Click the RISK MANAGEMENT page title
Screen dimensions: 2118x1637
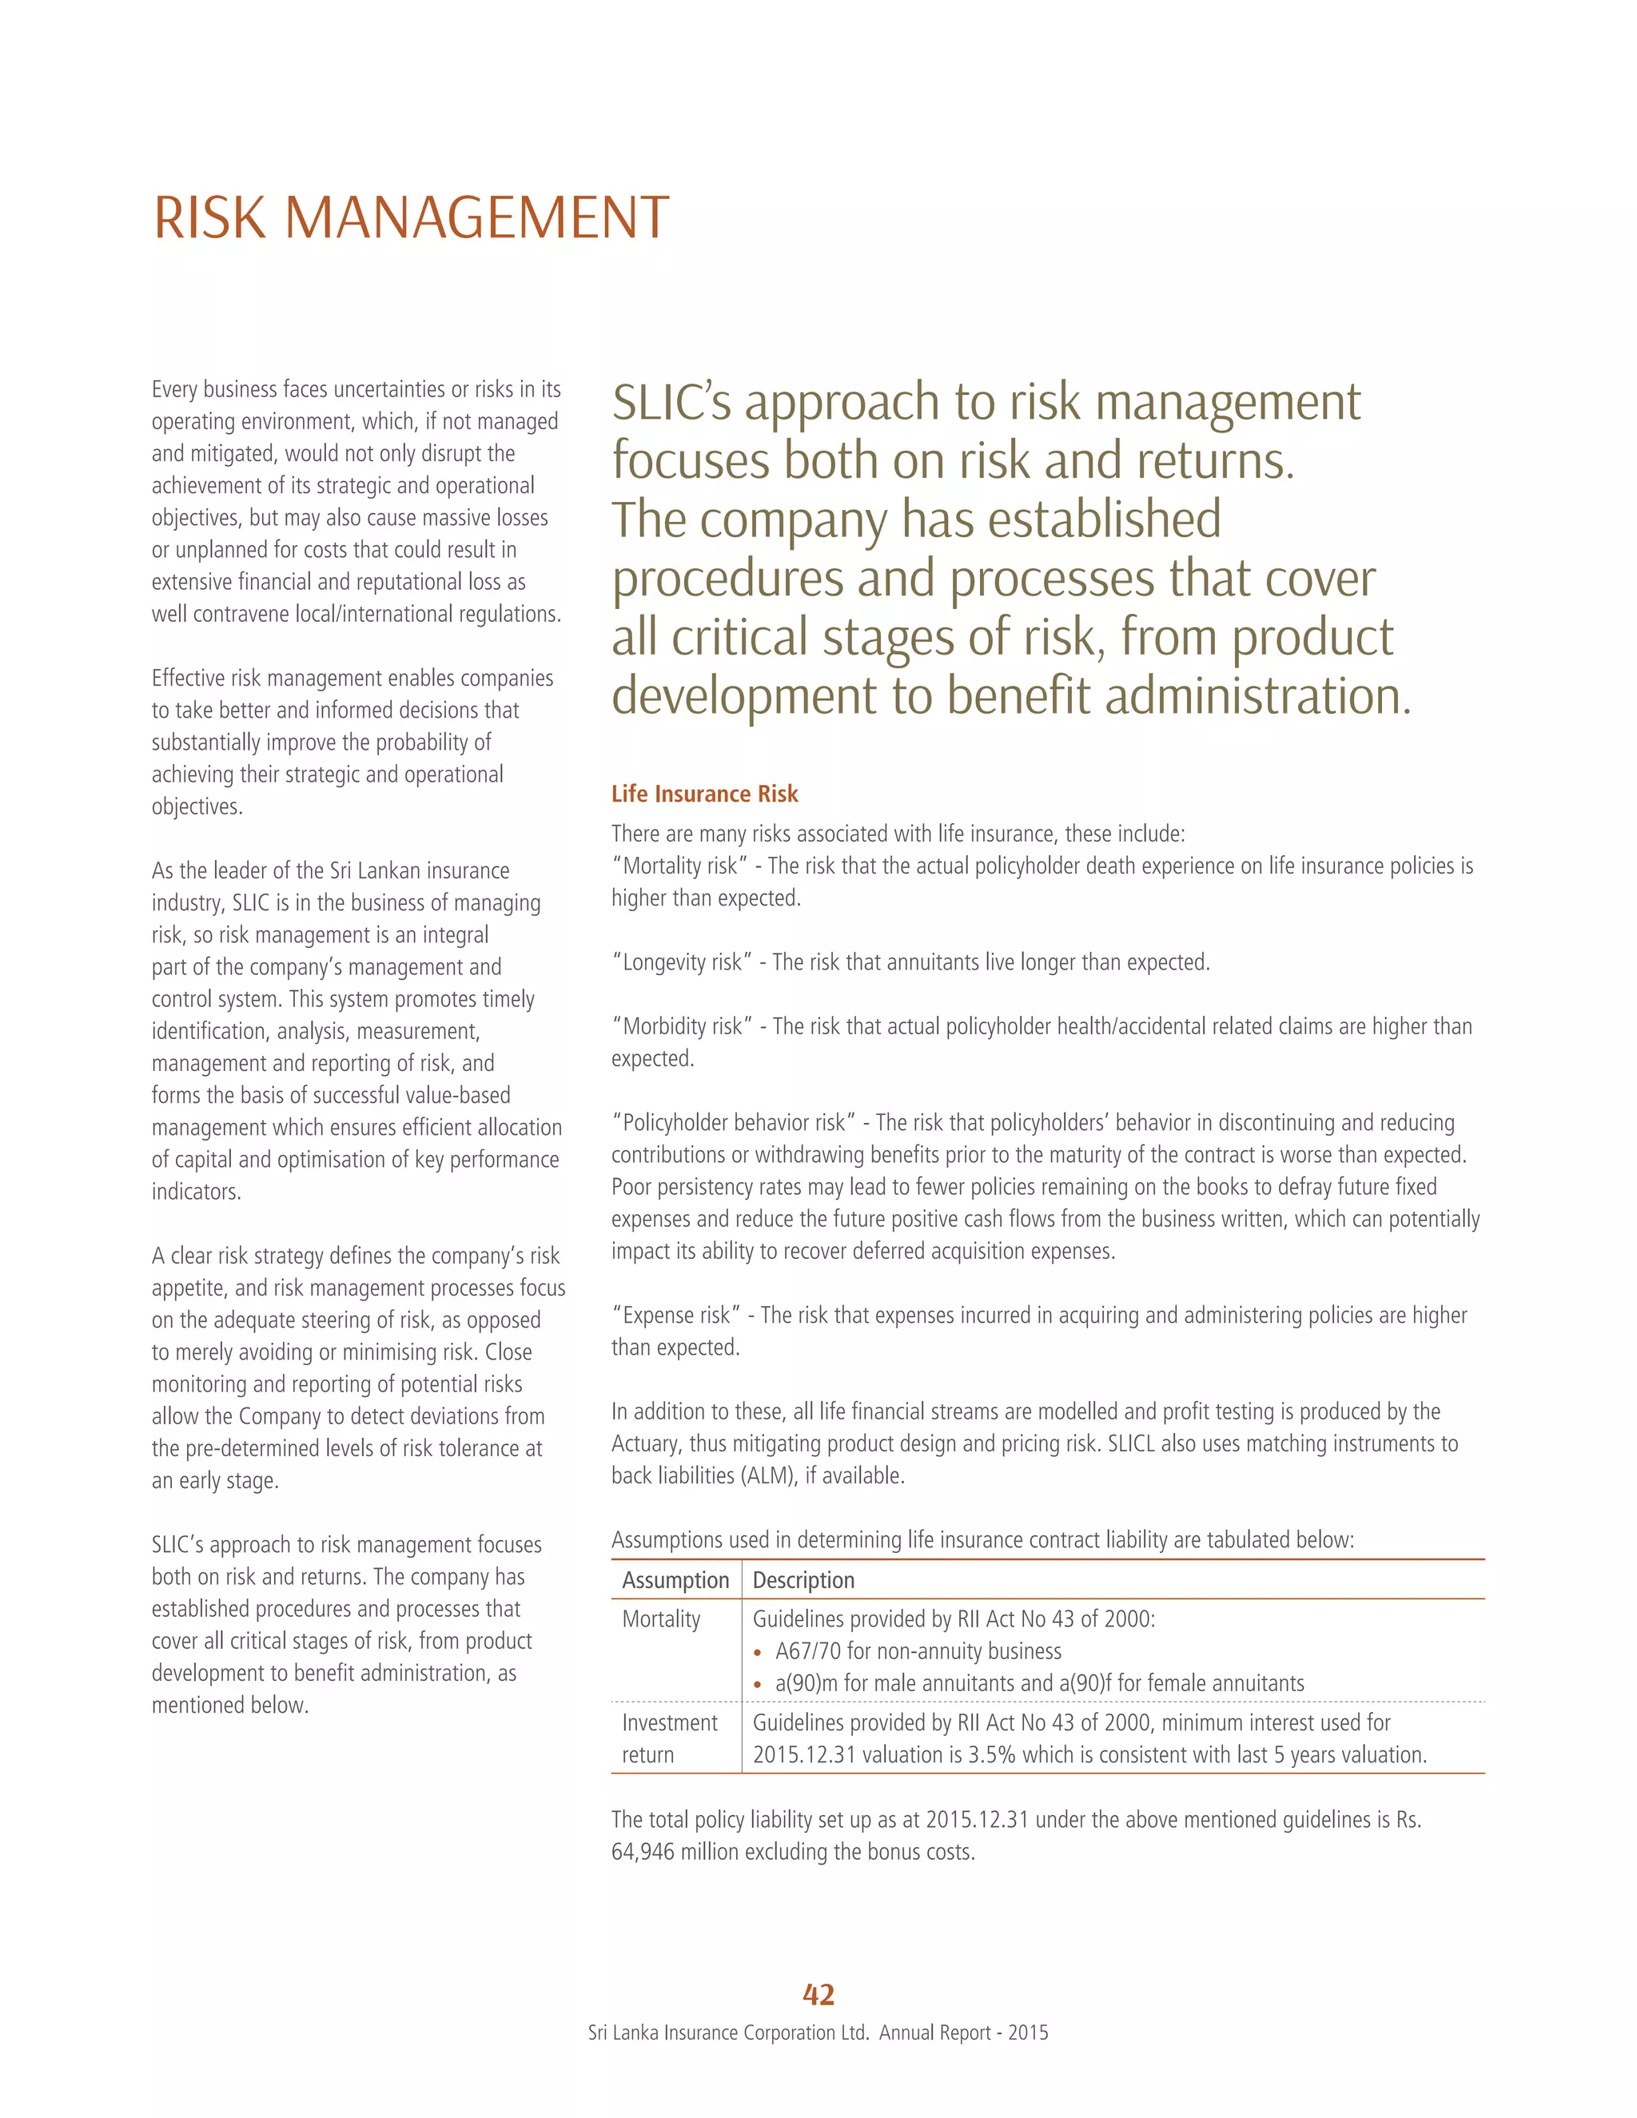pos(411,217)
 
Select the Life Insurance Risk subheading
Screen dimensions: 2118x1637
pos(704,794)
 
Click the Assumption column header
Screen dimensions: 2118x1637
pos(675,1580)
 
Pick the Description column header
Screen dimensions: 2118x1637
pos(803,1580)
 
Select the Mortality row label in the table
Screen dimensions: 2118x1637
pos(660,1618)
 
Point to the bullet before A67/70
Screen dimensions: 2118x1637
pos(758,1653)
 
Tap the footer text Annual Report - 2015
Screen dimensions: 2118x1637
pos(963,2032)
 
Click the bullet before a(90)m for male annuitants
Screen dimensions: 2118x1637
pos(758,1685)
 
